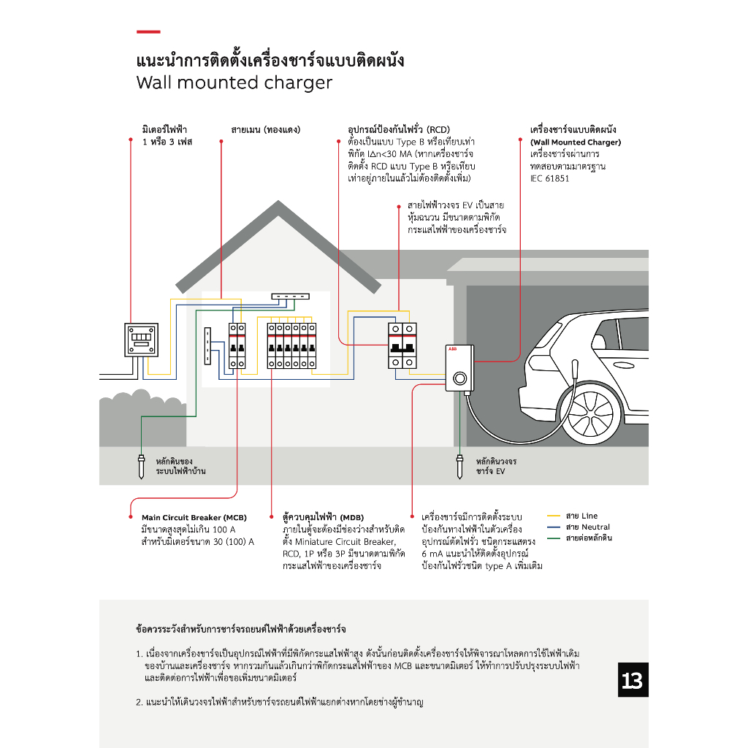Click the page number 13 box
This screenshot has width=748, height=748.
pyautogui.click(x=633, y=680)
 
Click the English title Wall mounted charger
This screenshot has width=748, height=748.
pyautogui.click(x=234, y=83)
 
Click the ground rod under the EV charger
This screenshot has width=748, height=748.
pyautogui.click(x=459, y=467)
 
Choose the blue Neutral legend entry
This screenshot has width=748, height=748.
pyautogui.click(x=578, y=527)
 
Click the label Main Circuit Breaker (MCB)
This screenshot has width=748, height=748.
pyautogui.click(x=194, y=517)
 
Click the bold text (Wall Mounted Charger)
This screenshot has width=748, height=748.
pyautogui.click(x=575, y=142)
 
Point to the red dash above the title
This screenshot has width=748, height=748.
pyautogui.click(x=148, y=31)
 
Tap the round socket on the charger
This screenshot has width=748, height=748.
pyautogui.click(x=459, y=378)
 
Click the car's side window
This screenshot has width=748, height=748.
pyautogui.click(x=630, y=333)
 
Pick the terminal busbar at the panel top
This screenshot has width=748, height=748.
pyautogui.click(x=290, y=297)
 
